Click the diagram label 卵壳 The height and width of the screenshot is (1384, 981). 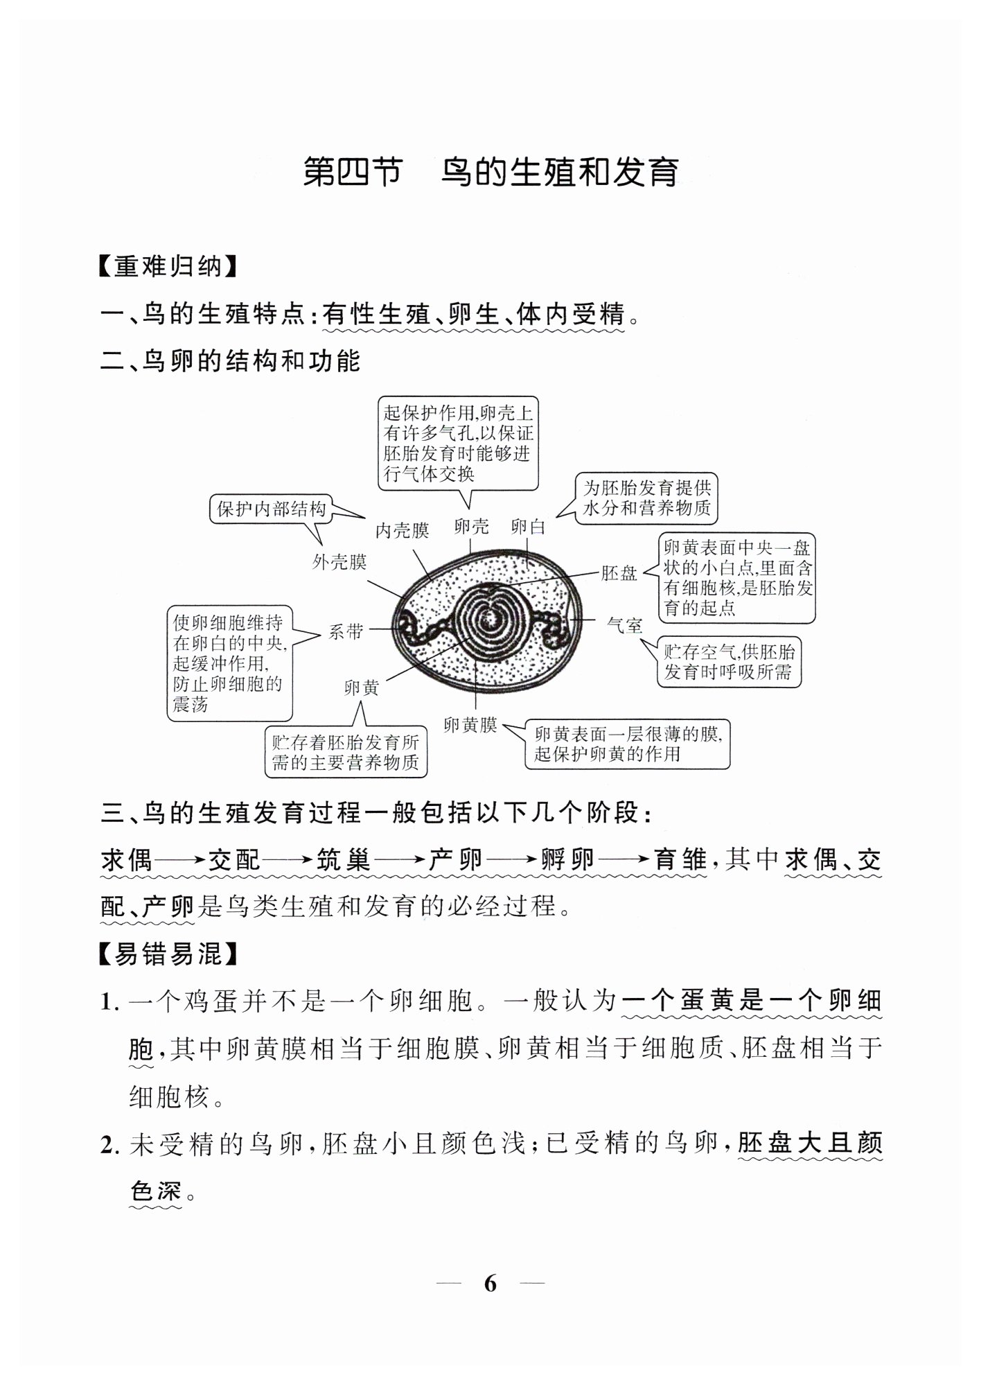[471, 527]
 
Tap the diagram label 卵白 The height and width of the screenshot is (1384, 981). [528, 527]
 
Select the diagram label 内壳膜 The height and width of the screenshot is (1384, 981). [402, 531]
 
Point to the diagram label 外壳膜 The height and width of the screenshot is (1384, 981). [339, 562]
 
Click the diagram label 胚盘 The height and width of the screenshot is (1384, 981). [619, 573]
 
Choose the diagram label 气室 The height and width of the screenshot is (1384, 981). [624, 626]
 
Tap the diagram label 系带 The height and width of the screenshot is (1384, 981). [345, 631]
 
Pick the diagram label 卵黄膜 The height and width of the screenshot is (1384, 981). [470, 726]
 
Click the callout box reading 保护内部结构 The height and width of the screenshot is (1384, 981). [271, 510]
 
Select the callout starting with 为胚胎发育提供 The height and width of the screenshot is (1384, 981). [647, 498]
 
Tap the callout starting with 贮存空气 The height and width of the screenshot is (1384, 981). [728, 662]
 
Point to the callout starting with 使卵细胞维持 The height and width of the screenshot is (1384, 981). [229, 664]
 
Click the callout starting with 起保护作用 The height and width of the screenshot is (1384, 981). [458, 444]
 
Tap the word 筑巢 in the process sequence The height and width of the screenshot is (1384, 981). [344, 860]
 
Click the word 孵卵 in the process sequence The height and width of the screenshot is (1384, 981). [567, 860]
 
